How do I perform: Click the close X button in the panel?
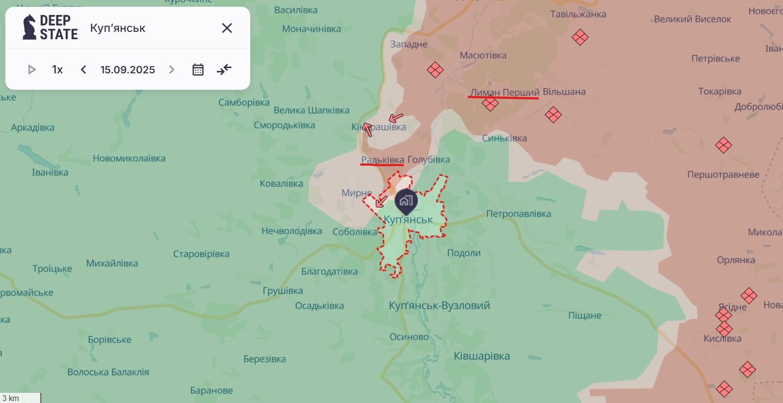tap(227, 28)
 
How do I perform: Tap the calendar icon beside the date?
tap(198, 69)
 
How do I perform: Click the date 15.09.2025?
tap(128, 69)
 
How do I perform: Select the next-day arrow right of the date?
tap(171, 69)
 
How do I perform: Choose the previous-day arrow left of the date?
tap(84, 69)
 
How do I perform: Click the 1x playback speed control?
tap(57, 69)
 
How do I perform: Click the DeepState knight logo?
tap(29, 27)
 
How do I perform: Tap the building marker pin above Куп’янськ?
tap(406, 201)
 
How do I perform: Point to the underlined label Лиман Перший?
tap(505, 92)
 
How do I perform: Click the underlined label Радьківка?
tap(383, 160)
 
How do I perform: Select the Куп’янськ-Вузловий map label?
tap(439, 306)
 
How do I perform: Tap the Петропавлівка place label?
tap(518, 214)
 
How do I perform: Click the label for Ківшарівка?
tap(482, 356)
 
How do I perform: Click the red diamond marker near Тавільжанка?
tap(580, 37)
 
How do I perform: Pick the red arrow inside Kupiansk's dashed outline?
tap(382, 201)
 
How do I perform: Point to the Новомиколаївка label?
tap(129, 158)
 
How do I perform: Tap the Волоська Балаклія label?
tap(108, 372)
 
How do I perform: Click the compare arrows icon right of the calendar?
tap(224, 69)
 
